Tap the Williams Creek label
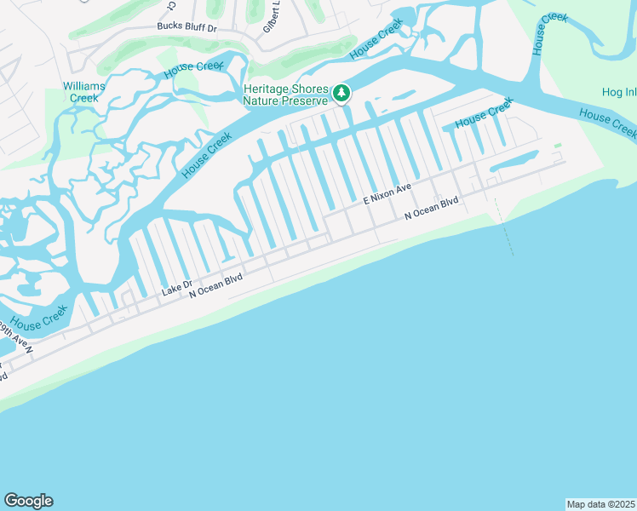84,92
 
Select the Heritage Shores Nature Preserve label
284,95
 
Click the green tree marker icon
341,93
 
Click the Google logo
28,501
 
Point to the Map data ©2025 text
600,503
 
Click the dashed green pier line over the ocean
504,227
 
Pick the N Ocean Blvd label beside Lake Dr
215,284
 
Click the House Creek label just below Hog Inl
606,123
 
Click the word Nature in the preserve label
261,100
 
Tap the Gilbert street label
272,17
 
